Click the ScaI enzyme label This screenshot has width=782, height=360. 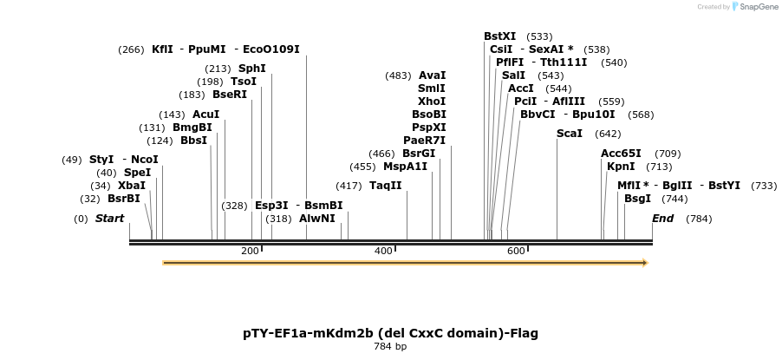pyautogui.click(x=570, y=134)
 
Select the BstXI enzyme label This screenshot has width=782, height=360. pyautogui.click(x=499, y=36)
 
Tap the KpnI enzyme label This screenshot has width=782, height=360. pyautogui.click(x=621, y=167)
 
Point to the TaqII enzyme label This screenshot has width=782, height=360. pyautogui.click(x=386, y=186)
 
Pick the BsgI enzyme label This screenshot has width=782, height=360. pyautogui.click(x=637, y=199)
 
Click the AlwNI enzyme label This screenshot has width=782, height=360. pyautogui.click(x=317, y=219)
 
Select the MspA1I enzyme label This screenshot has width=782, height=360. pyautogui.click(x=406, y=167)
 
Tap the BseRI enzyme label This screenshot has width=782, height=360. pyautogui.click(x=230, y=95)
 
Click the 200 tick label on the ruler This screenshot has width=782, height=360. pyautogui.click(x=250, y=251)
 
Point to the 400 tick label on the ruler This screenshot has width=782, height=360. pyautogui.click(x=383, y=251)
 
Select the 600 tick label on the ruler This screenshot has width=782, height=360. pyautogui.click(x=517, y=251)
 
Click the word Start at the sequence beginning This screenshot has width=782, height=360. pyautogui.click(x=110, y=219)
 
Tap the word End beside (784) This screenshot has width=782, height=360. pyautogui.click(x=663, y=219)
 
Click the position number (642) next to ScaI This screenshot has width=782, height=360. pyautogui.click(x=608, y=134)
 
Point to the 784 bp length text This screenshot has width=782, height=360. pyautogui.click(x=390, y=347)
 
